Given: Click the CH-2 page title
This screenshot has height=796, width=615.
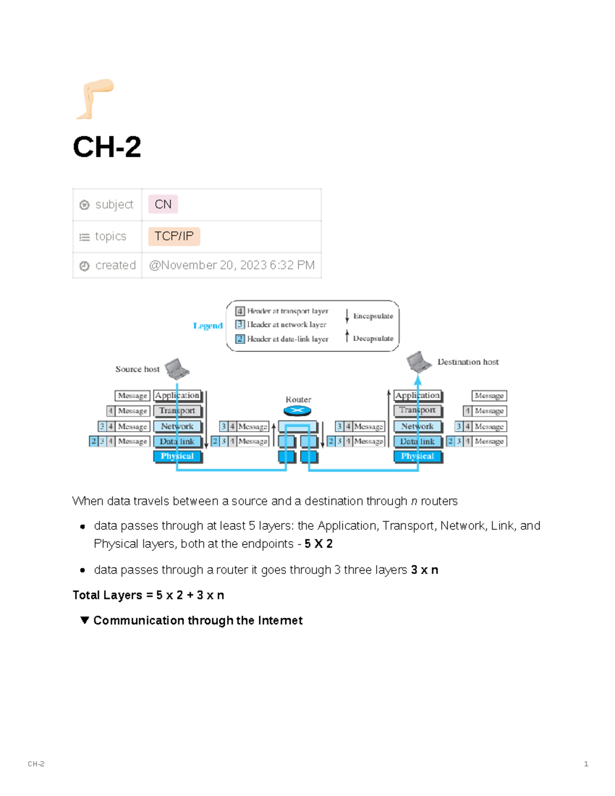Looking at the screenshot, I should coord(107,147).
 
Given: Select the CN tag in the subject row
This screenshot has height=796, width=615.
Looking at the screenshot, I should coord(163,205).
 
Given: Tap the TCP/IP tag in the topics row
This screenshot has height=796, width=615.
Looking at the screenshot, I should coord(174,236).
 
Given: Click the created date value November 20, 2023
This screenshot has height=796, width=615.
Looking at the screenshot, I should coord(232,266).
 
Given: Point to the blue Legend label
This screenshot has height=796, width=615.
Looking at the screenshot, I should coord(208,326).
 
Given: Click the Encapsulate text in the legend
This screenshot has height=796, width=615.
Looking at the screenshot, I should coord(373,316).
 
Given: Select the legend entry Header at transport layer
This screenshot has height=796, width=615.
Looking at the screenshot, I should coord(287,311).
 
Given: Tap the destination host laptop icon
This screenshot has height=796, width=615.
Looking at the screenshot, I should coord(419,362).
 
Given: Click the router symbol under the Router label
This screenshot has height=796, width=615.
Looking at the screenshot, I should coord(297,411).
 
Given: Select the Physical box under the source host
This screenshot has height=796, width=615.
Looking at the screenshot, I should coord(177,456).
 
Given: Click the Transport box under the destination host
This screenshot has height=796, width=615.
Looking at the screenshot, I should coord(418,411).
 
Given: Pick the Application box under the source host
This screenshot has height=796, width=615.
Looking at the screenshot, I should coord(177,396).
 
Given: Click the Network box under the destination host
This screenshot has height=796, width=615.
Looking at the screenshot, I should coord(418,426).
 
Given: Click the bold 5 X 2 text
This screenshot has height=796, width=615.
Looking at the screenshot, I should coord(318,544).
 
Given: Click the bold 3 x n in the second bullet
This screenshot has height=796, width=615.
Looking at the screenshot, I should coord(424,570).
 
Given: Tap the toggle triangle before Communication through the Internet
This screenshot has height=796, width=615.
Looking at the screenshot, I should coord(85,620).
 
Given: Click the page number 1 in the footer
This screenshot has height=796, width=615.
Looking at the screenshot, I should coord(586,764).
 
